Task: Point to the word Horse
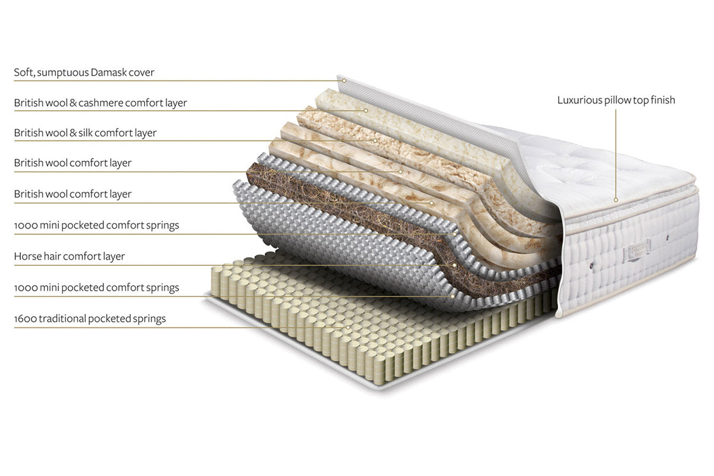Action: (x=27, y=256)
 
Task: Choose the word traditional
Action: (x=62, y=318)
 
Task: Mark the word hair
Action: (x=52, y=256)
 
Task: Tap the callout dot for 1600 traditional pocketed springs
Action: (x=349, y=327)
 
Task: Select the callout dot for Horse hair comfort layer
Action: (x=455, y=265)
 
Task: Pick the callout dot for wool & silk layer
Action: (x=375, y=141)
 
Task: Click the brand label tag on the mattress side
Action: (x=637, y=253)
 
